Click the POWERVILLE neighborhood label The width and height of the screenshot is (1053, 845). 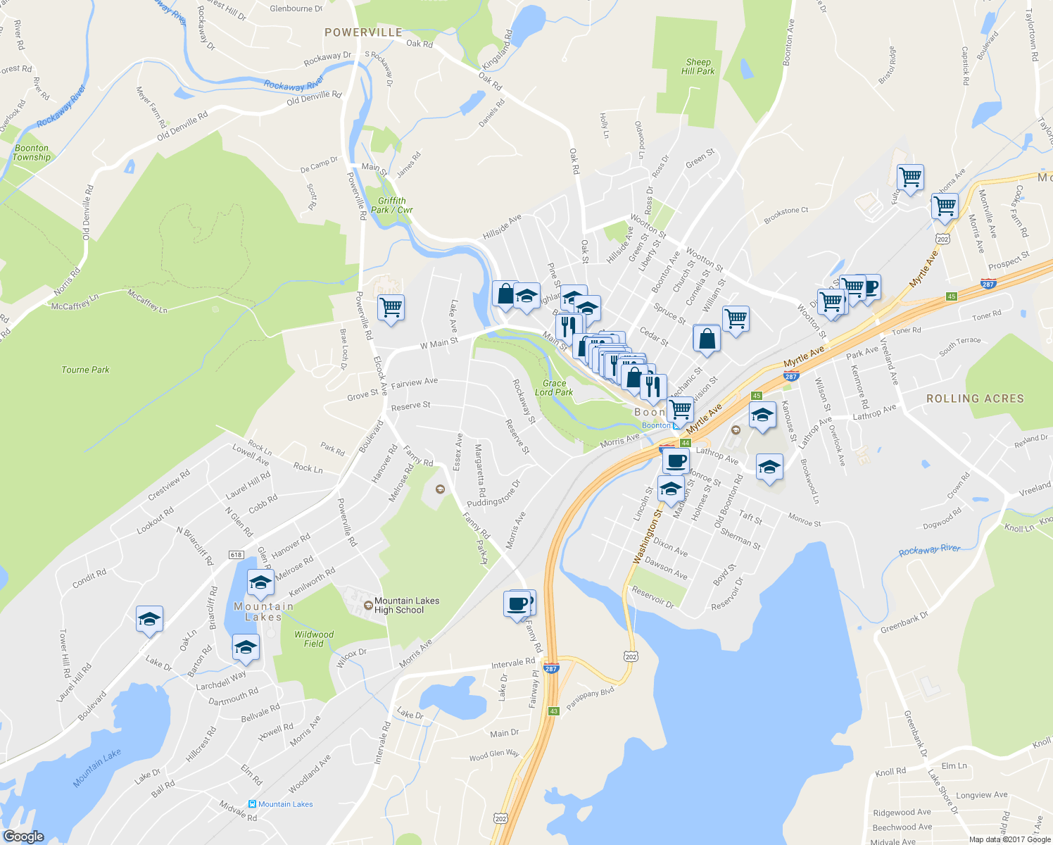tap(363, 32)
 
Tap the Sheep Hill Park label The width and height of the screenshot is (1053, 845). tap(698, 67)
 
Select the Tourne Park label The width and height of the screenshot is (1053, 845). tap(85, 370)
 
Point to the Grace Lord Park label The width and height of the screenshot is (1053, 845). tap(554, 388)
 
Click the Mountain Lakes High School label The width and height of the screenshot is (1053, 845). tap(406, 606)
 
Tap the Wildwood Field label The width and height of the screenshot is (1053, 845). tap(314, 639)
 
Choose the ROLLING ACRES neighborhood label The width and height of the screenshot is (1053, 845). tap(975, 399)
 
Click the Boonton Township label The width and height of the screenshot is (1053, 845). tap(32, 153)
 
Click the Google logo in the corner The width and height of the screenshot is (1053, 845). tap(23, 837)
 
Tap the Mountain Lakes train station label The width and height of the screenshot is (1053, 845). tap(285, 804)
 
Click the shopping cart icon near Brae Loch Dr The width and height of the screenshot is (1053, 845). tap(391, 308)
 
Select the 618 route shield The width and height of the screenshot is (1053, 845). tap(236, 555)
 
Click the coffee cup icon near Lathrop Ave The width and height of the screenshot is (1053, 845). tap(676, 461)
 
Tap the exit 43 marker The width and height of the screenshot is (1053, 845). tap(553, 711)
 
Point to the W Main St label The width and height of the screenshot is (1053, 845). tap(439, 343)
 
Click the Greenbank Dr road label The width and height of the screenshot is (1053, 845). tap(904, 622)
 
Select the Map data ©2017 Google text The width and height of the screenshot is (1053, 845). tap(1009, 839)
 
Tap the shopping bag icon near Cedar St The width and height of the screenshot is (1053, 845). tap(707, 339)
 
